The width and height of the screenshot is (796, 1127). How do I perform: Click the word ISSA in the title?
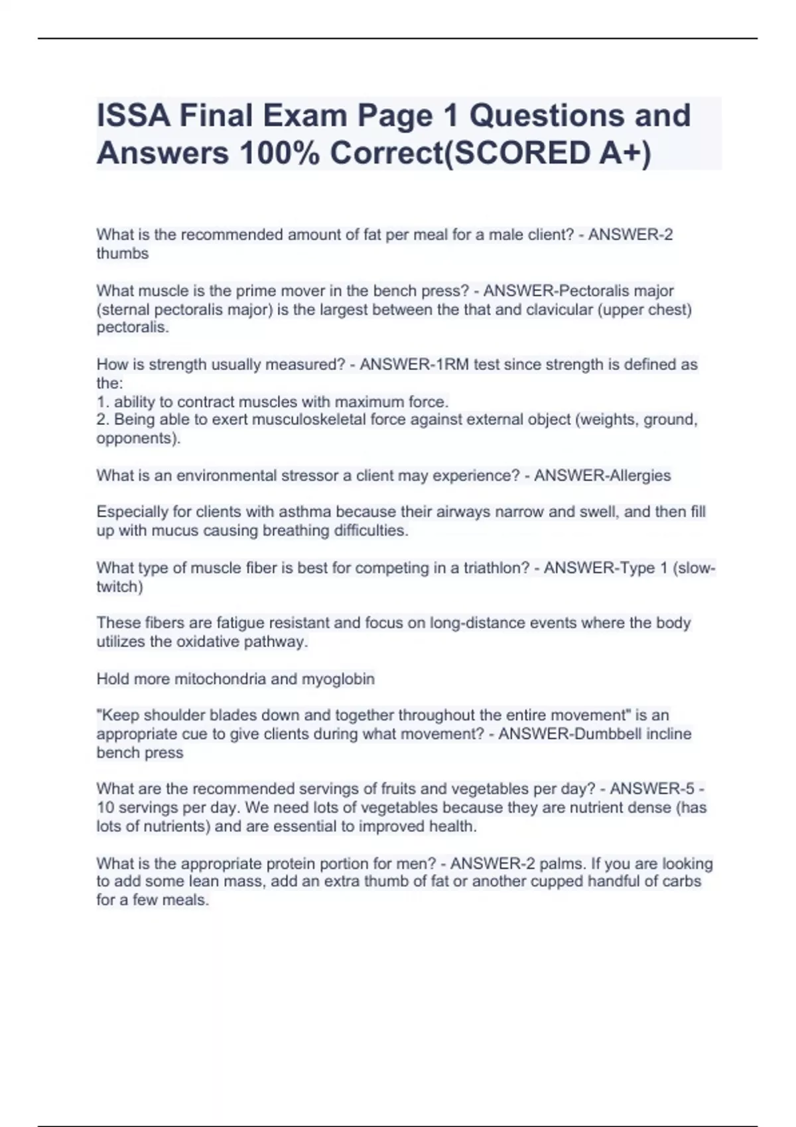132,116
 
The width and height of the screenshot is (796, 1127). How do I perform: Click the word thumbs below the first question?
123,254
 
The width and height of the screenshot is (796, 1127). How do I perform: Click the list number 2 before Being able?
101,420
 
